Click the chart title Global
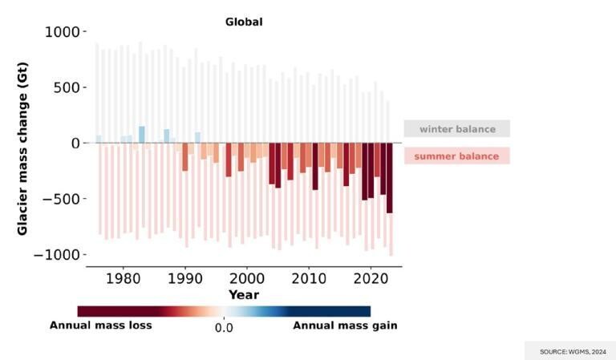point(243,22)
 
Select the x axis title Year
point(243,294)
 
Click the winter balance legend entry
point(456,129)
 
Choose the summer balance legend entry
point(456,156)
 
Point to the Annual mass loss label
point(100,326)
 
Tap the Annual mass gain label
point(345,326)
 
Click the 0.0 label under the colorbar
point(224,327)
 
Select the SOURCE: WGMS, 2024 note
point(570,351)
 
